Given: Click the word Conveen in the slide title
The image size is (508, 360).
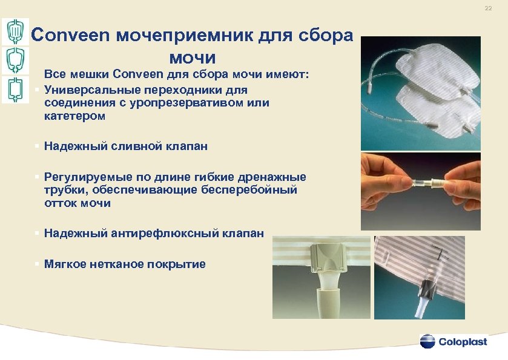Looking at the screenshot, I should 65,35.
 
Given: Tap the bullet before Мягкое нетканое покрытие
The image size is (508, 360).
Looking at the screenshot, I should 38,264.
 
